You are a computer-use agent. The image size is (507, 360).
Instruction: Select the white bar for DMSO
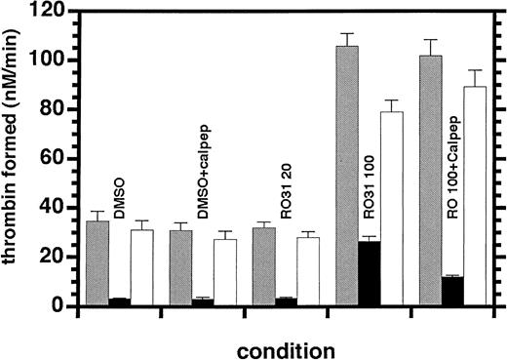[141, 268]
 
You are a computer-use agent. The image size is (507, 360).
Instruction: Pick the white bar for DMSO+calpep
[225, 272]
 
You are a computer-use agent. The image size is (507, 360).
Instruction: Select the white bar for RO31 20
[308, 271]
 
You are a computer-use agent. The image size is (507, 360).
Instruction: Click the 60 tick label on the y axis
[60, 159]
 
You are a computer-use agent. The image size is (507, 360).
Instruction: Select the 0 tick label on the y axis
[65, 306]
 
